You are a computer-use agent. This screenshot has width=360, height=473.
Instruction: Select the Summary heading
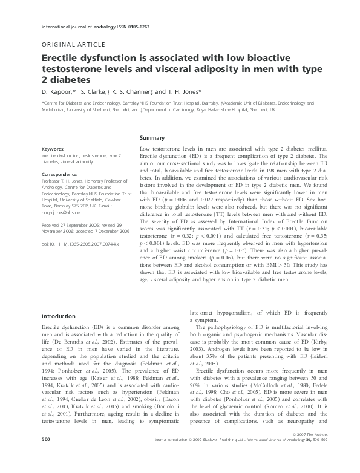(152, 139)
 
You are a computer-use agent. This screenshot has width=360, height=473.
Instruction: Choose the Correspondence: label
(62, 174)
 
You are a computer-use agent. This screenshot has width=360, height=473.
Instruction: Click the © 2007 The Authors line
(301, 452)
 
